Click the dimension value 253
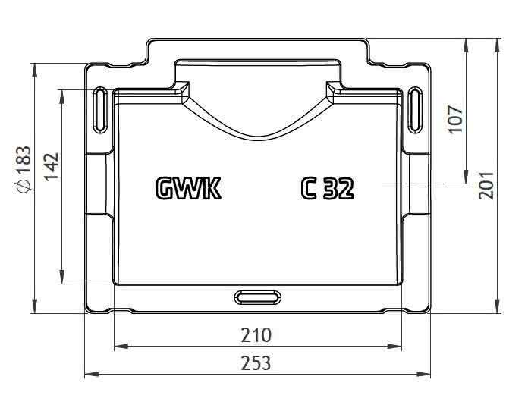pyautogui.click(x=256, y=362)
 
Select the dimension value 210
pyautogui.click(x=256, y=335)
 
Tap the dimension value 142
pyautogui.click(x=52, y=167)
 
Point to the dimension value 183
pyautogui.click(x=24, y=159)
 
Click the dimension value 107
pyautogui.click(x=456, y=119)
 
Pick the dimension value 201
pyautogui.click(x=486, y=185)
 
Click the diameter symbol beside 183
pyautogui.click(x=24, y=186)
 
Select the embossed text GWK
pyautogui.click(x=189, y=188)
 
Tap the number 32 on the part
pyautogui.click(x=338, y=188)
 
